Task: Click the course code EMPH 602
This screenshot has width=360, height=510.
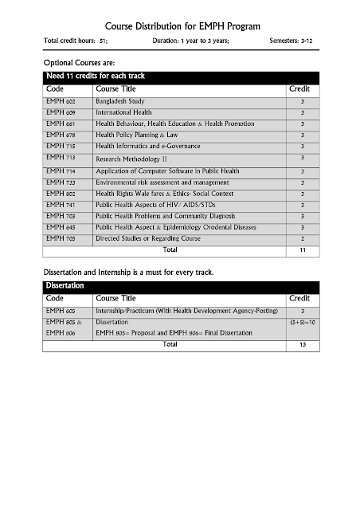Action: pyautogui.click(x=61, y=102)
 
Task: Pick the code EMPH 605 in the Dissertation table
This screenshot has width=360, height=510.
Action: pyautogui.click(x=61, y=309)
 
